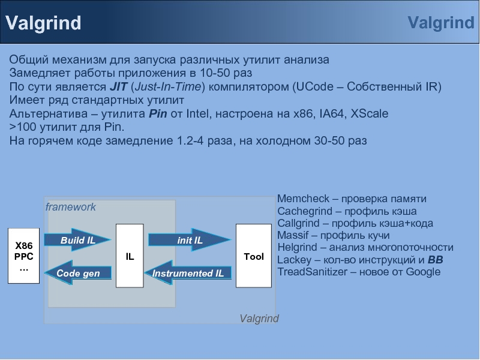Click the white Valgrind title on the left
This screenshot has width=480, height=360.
43,23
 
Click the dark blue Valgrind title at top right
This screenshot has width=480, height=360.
440,23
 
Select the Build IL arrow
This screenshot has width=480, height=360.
79,240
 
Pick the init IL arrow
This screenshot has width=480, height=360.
190,240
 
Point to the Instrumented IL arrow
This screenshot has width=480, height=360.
187,274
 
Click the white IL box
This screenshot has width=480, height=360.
130,256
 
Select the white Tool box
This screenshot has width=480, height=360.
253,256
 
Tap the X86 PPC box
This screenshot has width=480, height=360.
24,256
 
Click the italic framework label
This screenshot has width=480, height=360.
71,207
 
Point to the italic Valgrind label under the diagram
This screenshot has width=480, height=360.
259,319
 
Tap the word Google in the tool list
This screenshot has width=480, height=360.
423,272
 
